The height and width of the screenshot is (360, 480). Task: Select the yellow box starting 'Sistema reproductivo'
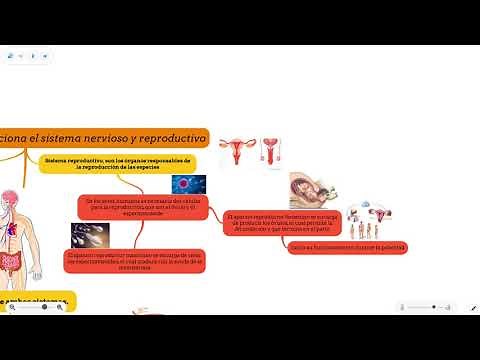tap(117, 162)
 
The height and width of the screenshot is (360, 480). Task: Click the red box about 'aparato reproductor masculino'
tap(116, 260)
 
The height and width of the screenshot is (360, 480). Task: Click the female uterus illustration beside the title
tap(235, 149)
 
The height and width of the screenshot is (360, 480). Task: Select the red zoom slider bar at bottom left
tap(37, 307)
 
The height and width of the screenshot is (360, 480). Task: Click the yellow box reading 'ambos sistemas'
tap(35, 299)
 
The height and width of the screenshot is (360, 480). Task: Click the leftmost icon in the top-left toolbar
tap(11, 56)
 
